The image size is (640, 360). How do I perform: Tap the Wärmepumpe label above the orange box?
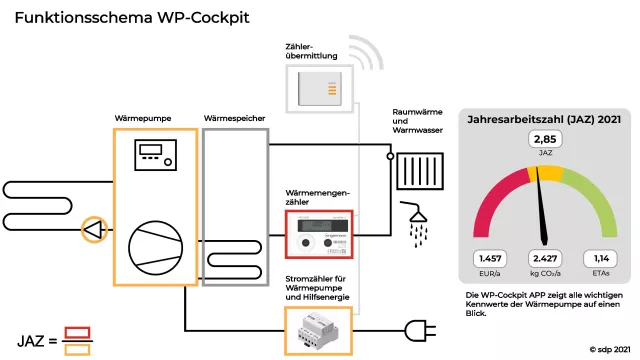click(x=142, y=118)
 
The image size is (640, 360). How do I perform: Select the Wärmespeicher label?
click(x=234, y=118)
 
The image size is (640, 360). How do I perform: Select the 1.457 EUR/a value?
click(x=491, y=259)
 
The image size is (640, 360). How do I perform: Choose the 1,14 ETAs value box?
click(x=600, y=259)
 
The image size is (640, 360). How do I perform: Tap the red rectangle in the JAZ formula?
click(x=77, y=332)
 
